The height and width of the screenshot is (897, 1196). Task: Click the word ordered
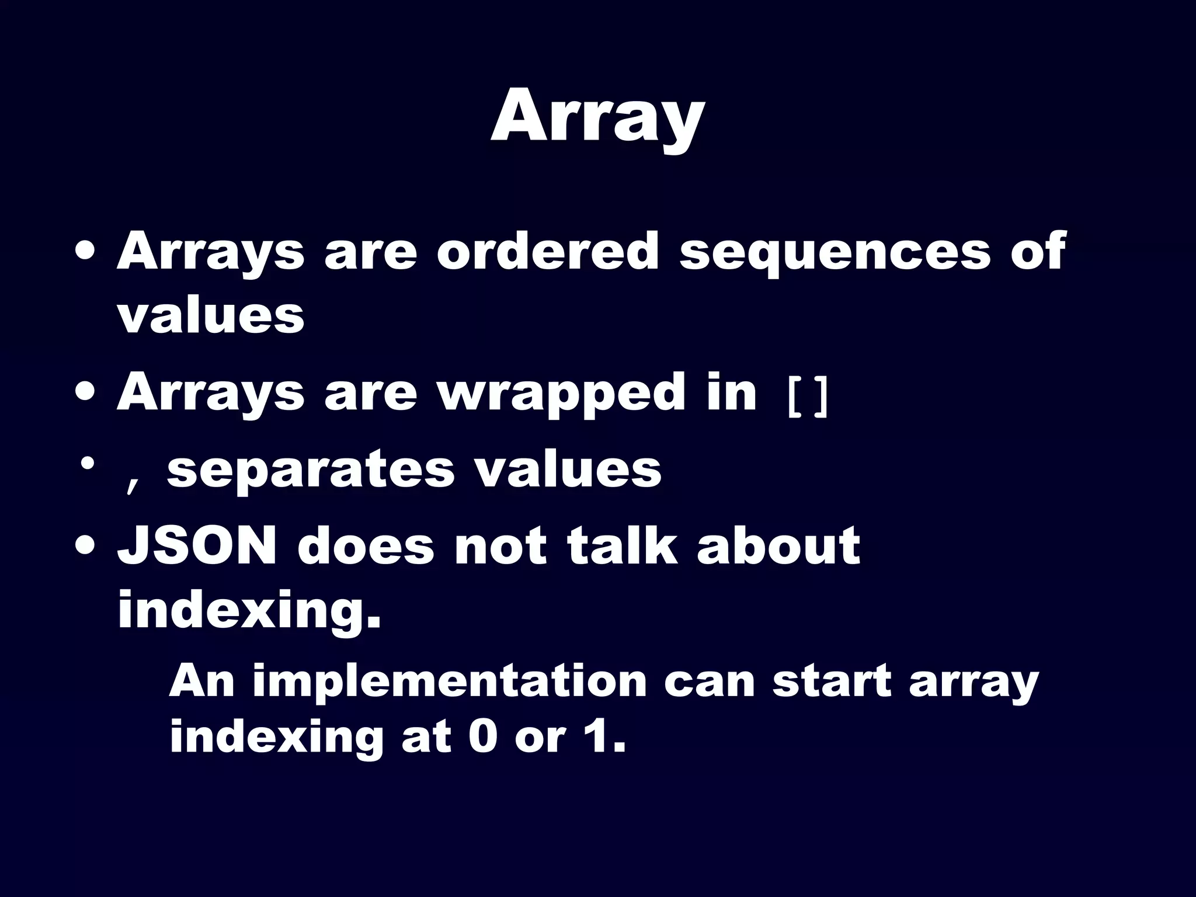pos(548,252)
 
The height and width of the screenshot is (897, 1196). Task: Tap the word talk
pos(623,546)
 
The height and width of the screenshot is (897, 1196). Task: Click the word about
pos(778,546)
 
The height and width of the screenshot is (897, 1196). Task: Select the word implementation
pos(450,682)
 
